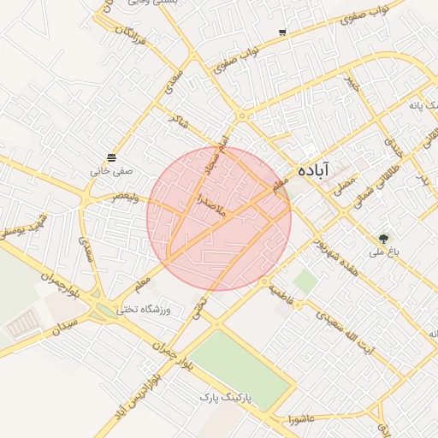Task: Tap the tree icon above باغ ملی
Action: coord(383,239)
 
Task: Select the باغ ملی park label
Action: coord(385,252)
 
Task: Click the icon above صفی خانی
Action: coord(112,157)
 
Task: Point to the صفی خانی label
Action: coord(112,170)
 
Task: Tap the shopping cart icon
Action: coord(282,33)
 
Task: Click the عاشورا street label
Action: coord(303,418)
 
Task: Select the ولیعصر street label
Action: coord(126,196)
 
